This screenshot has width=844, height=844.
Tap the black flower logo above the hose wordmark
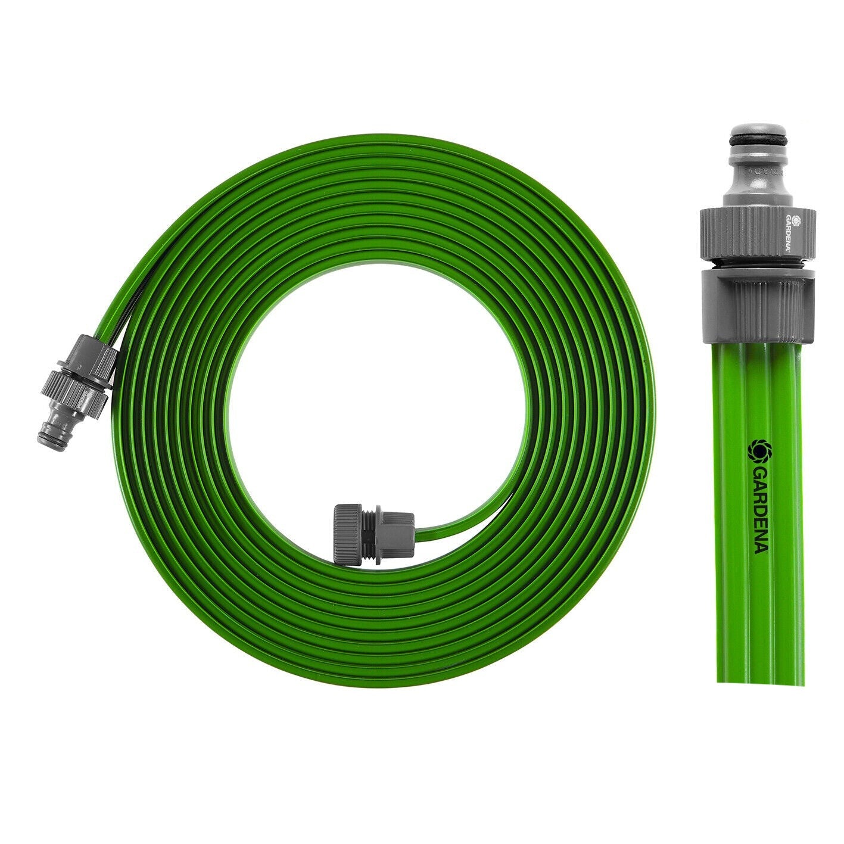click(x=760, y=451)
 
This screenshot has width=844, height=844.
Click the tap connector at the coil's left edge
click(x=77, y=393)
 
